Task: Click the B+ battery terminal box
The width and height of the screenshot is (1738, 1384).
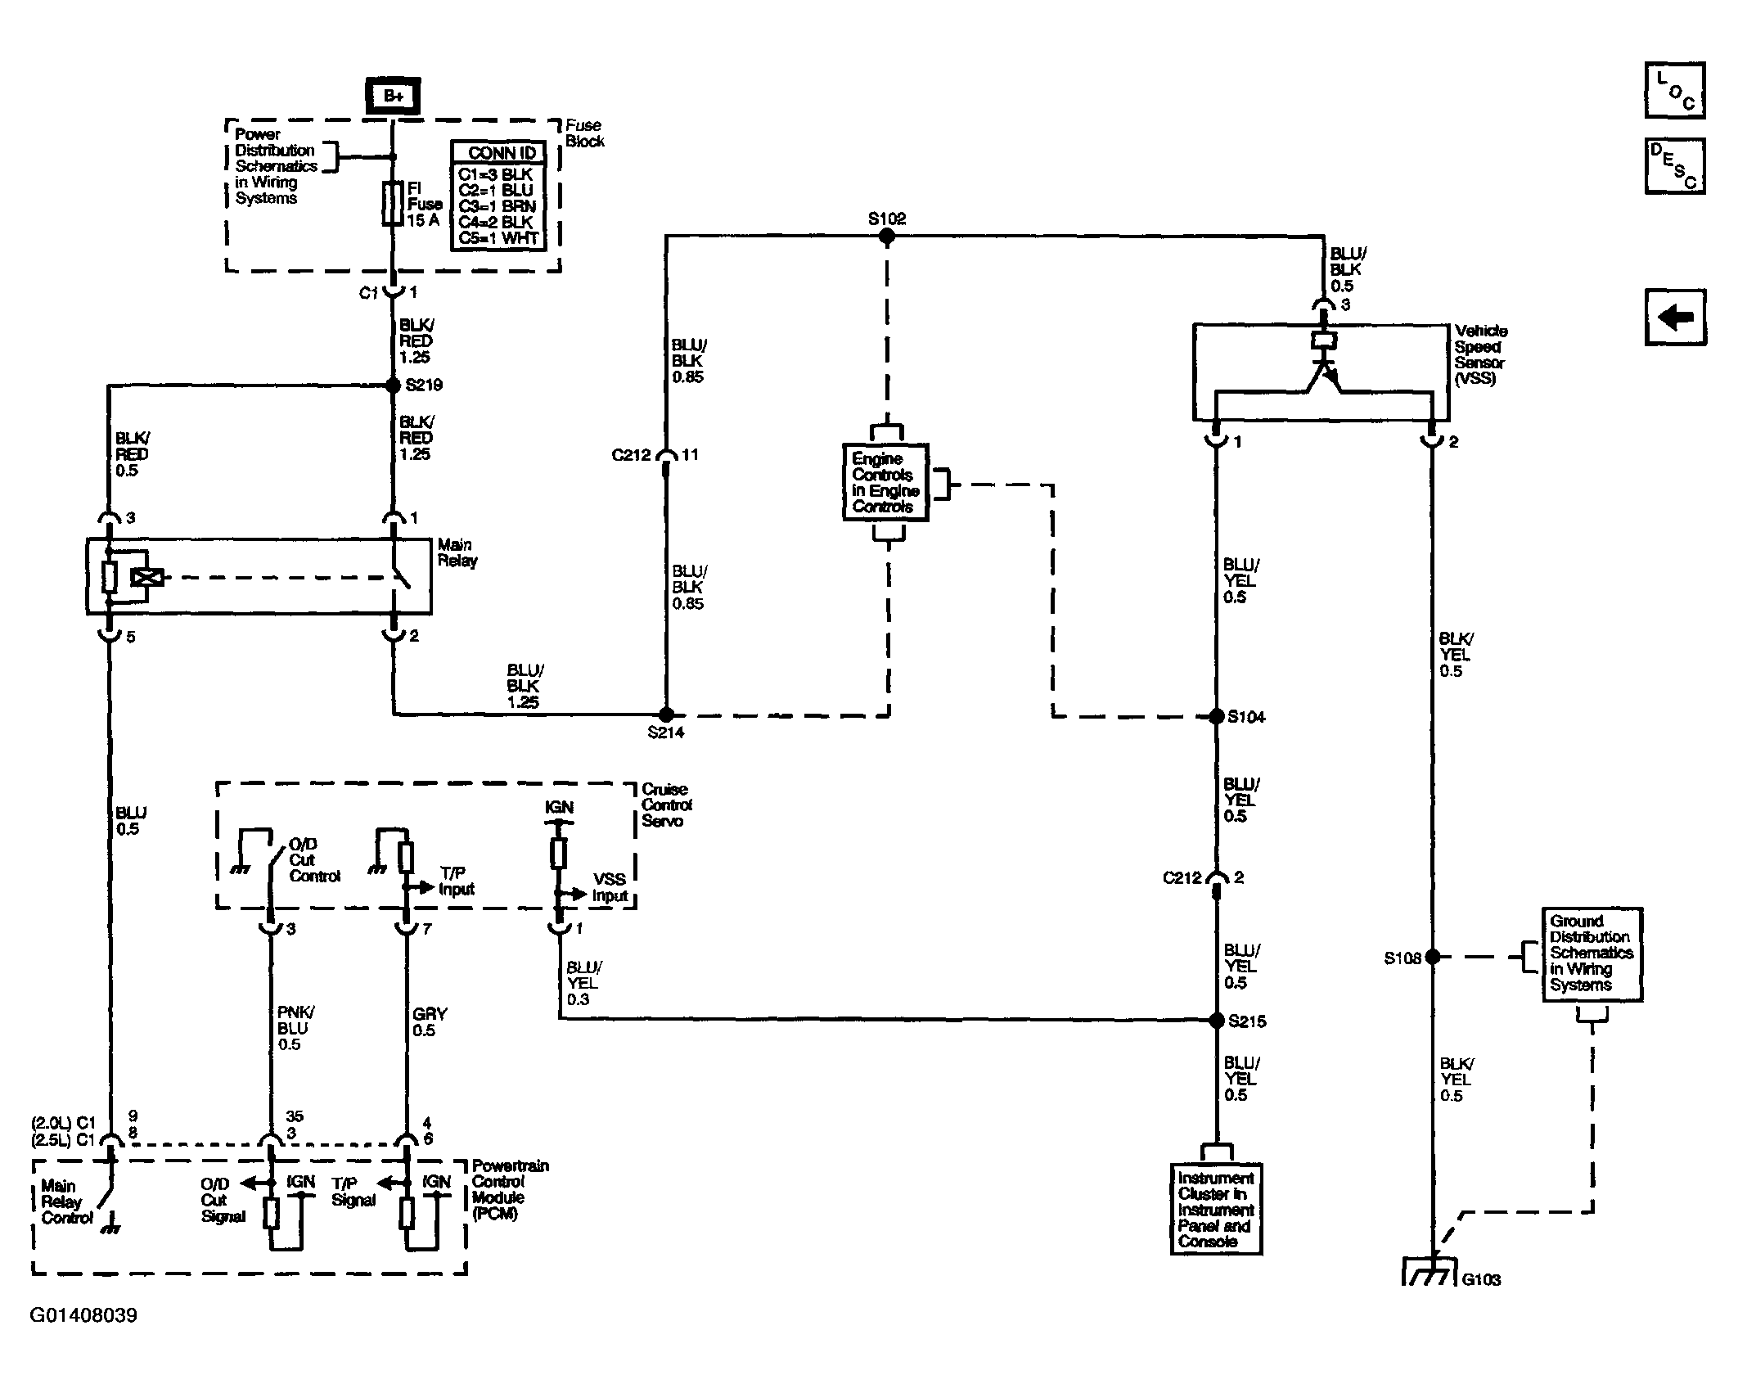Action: (x=393, y=97)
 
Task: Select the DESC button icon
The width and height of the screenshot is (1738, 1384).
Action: (x=1674, y=167)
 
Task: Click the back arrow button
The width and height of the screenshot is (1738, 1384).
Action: (x=1675, y=317)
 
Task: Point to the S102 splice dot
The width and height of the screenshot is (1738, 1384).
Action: (x=886, y=237)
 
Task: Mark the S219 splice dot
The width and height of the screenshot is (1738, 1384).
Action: (x=393, y=385)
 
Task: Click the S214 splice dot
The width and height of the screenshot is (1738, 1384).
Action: (x=666, y=715)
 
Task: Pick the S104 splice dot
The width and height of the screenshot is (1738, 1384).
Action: (x=1216, y=717)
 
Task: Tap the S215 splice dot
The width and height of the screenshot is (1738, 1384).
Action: (x=1216, y=1021)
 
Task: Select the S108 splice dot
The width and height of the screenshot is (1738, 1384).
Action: (x=1432, y=956)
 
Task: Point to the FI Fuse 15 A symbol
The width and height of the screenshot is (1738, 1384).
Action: (x=393, y=203)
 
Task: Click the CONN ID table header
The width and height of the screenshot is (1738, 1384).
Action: (x=498, y=153)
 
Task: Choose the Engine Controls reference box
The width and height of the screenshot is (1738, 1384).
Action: (x=885, y=482)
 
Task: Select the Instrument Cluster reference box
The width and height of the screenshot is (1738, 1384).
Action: (x=1216, y=1208)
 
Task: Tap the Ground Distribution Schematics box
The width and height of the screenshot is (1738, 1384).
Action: (x=1592, y=953)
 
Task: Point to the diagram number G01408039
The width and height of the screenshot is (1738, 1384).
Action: (x=83, y=1315)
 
